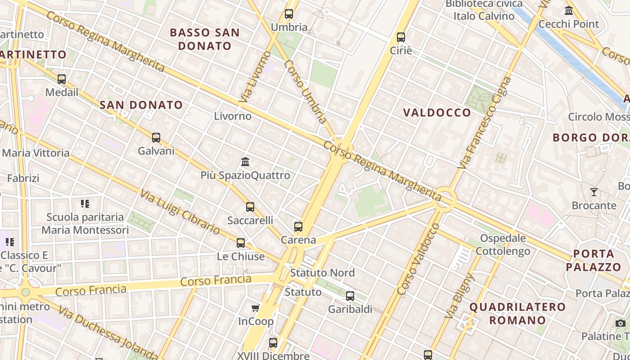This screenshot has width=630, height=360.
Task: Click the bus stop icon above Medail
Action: pos(62,79)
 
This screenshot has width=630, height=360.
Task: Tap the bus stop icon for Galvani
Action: pos(156,138)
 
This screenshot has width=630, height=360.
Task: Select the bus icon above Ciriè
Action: pos(401,37)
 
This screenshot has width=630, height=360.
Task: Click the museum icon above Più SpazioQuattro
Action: pos(245,162)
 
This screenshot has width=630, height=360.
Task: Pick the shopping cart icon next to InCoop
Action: pos(256,308)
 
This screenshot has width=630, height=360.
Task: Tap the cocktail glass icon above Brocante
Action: pos(594,192)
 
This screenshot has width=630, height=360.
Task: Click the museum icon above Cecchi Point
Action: pos(569,10)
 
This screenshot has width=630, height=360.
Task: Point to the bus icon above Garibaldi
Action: pos(350,296)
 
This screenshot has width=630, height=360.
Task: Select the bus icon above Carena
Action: pos(298,227)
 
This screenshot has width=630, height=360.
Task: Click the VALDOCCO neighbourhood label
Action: pos(437,112)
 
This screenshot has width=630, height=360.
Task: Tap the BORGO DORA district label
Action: pos(590,138)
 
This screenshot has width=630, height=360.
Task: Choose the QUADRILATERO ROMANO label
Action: pos(517,314)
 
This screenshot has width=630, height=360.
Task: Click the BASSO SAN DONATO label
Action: pos(205,39)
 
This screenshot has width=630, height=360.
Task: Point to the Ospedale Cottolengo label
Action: pos(503,244)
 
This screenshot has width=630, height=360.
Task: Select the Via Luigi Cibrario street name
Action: pos(180,212)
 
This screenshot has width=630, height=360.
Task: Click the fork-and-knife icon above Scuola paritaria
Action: pos(85,204)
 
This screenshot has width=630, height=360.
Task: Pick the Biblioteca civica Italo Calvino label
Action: pos(484,10)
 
